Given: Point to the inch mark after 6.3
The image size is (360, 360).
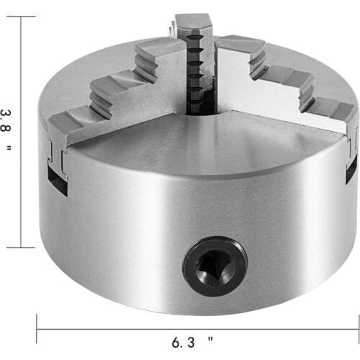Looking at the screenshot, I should (210, 337).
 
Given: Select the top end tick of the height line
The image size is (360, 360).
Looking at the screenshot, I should (21, 17).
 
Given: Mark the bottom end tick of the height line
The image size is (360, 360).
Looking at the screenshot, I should (21, 247).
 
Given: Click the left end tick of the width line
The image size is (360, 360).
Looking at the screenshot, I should (37, 329).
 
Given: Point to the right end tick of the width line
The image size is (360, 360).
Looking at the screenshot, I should (357, 329).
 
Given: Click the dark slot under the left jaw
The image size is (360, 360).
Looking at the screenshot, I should (58, 184).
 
